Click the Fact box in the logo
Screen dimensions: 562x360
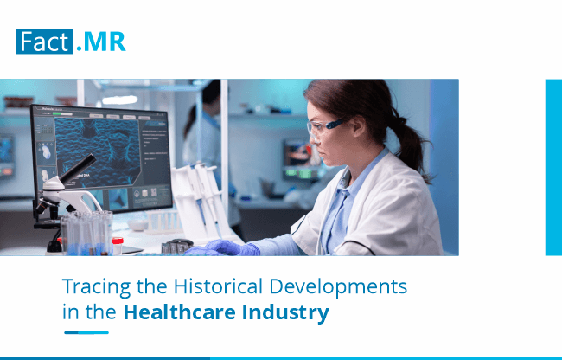tap(45, 42)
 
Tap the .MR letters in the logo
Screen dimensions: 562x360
tap(100, 42)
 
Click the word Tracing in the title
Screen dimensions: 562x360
tap(97, 286)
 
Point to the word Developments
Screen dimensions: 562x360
tap(338, 286)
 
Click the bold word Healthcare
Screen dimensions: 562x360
tap(179, 312)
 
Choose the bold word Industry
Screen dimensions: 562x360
tap(285, 312)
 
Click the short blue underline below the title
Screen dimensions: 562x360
tap(86, 333)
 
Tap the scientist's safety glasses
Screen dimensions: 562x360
tap(324, 126)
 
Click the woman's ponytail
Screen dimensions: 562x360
tap(411, 144)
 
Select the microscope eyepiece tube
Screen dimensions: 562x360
tap(78, 168)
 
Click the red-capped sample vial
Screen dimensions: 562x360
tap(118, 246)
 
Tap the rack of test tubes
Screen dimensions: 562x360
tap(86, 233)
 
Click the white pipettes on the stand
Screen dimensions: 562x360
tap(201, 197)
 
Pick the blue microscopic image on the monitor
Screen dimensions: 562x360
tap(97, 153)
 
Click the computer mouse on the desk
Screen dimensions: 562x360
tap(181, 243)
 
